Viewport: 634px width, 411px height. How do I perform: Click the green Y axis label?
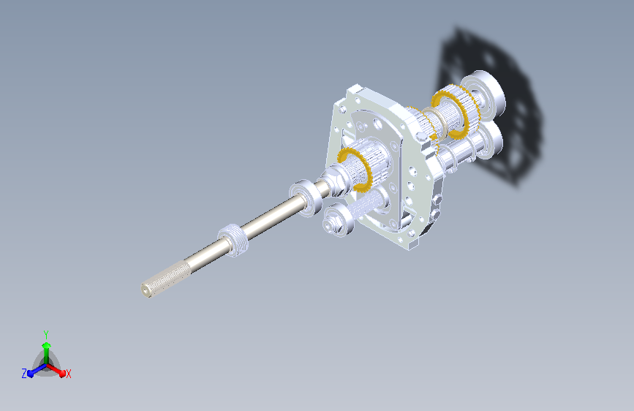click(46, 334)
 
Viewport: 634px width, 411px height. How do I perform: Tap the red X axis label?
click(68, 374)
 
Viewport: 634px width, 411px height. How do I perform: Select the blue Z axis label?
click(24, 374)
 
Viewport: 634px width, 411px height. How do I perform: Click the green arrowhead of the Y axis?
click(47, 345)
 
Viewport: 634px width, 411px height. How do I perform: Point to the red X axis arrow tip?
click(62, 373)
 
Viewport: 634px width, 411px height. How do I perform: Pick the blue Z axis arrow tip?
click(31, 374)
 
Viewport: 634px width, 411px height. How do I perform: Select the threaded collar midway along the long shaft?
click(233, 239)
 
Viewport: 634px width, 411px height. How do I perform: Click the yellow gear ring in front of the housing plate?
click(355, 169)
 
